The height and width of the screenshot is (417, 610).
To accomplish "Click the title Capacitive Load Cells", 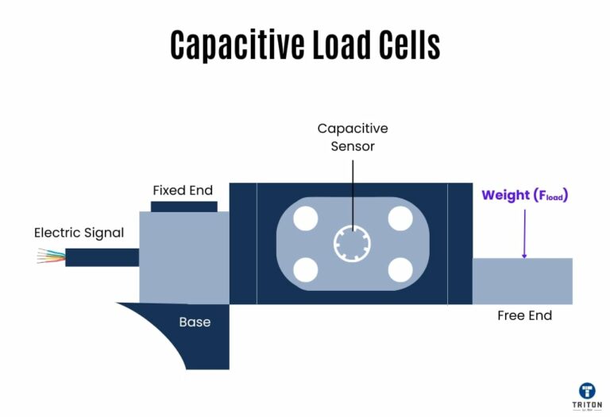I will [x=305, y=45].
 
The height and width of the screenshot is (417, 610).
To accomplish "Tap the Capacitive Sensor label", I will [x=353, y=137].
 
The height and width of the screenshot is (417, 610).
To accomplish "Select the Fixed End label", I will [x=183, y=191].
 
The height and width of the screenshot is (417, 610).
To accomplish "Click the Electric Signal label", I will [x=79, y=233].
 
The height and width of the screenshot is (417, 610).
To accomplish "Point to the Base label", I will [x=195, y=322].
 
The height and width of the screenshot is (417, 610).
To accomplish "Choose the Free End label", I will [x=524, y=315].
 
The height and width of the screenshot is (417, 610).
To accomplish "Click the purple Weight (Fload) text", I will [x=525, y=195].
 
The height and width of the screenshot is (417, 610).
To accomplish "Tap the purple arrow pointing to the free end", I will [x=524, y=234].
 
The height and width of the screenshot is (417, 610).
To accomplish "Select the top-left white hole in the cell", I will [x=306, y=218].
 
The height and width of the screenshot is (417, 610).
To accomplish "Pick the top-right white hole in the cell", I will [x=400, y=218].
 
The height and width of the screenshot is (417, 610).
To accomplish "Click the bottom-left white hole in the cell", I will [x=306, y=270].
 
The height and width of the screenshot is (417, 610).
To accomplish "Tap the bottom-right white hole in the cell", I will [x=400, y=270].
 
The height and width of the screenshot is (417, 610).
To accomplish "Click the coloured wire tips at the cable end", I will [x=51, y=257].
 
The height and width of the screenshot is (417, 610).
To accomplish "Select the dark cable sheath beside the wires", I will [x=102, y=257].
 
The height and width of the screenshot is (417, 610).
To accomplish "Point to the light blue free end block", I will [x=522, y=280].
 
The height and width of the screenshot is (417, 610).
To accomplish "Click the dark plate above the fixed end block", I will [x=183, y=207].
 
